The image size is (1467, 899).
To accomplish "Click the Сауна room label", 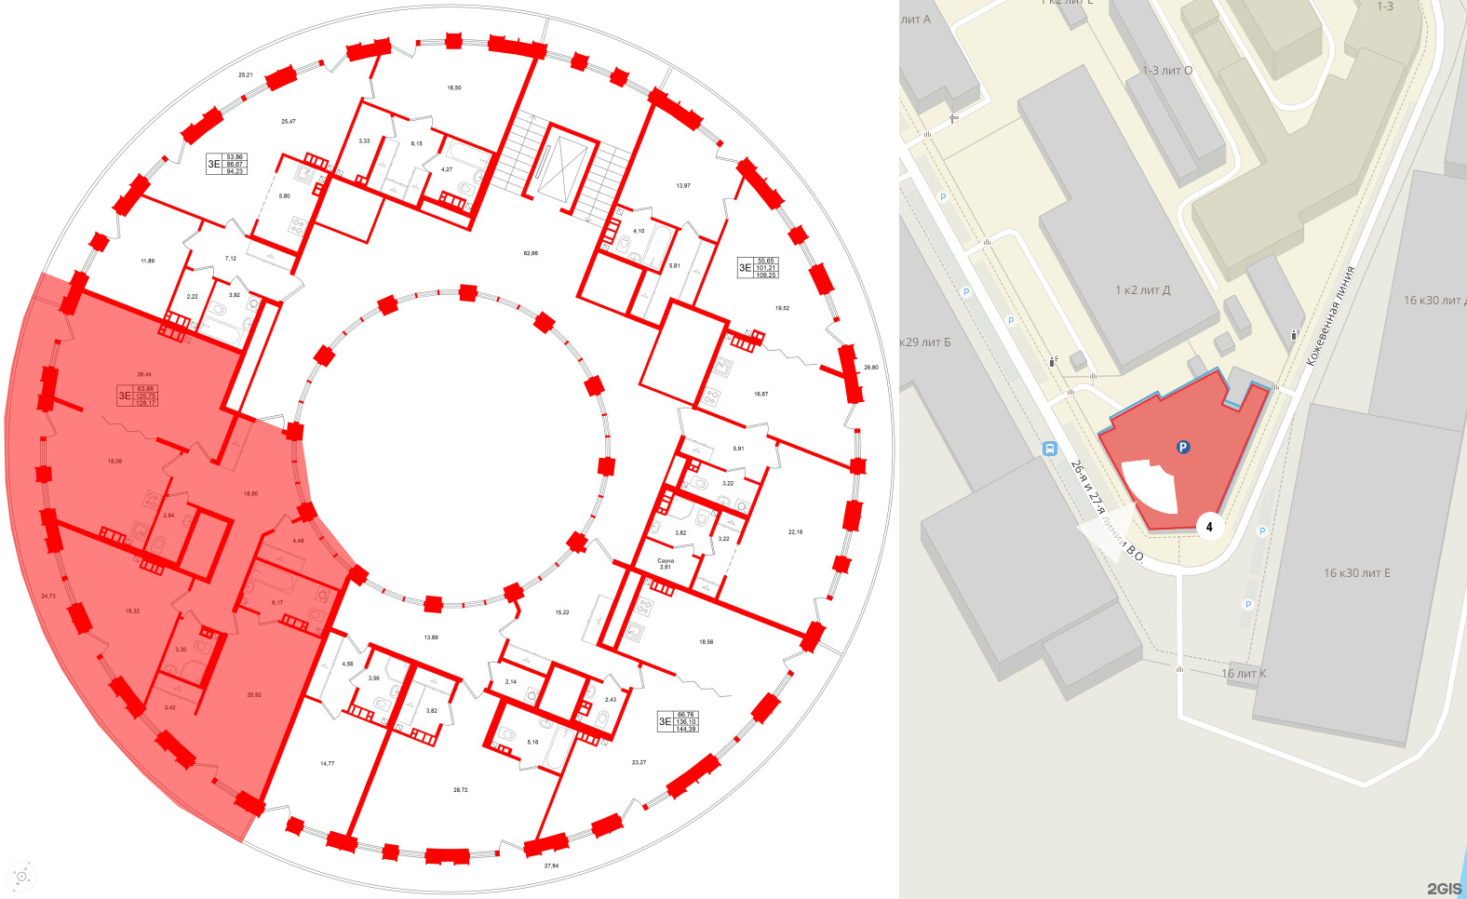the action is coord(665,563).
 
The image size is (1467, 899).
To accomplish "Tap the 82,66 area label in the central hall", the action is coord(531,253).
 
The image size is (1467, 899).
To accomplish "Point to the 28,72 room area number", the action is coord(460,789).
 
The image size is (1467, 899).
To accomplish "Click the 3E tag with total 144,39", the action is coord(678,721).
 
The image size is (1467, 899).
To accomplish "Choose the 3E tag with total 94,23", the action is coord(226,164).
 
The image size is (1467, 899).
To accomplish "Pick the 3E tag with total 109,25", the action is coord(757,268).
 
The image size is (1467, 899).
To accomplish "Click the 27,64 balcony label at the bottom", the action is coord(551,865).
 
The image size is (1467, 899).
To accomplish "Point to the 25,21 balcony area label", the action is coord(245,74).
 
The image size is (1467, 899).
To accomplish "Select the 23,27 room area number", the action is coord(639,762).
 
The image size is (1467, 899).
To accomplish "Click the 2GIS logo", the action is coord(1444,889).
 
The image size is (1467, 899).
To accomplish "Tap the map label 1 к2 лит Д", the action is coord(1142,290).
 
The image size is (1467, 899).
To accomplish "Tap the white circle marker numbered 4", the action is coord(1209,527).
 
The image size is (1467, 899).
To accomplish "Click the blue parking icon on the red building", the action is coord(1183,448).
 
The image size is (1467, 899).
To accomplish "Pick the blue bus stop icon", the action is coord(1050,449).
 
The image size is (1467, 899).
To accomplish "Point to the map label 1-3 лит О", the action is coord(1166,71).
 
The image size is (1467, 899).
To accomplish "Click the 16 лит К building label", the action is coord(1243,674).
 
